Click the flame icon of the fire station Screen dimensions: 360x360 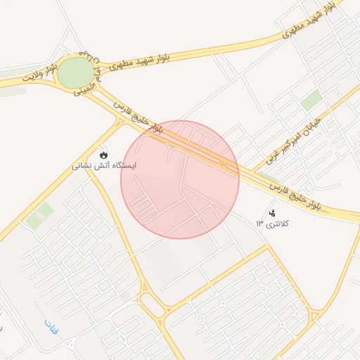tap(104, 155)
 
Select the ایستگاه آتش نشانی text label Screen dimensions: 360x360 tap(104, 167)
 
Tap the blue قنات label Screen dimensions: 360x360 tap(51, 326)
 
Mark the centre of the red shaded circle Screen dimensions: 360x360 tap(180, 179)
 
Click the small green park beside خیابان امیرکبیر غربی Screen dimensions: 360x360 tap(311, 100)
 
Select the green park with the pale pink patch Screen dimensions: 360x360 tap(39, 215)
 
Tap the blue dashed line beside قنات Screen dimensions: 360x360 tap(39, 314)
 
